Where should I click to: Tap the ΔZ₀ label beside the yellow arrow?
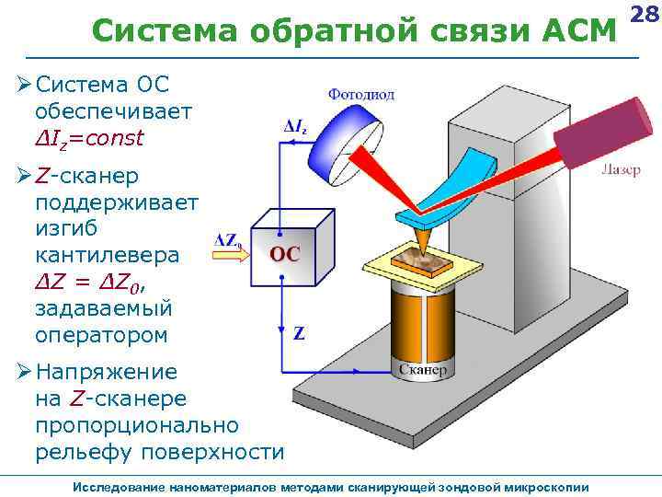click(x=228, y=240)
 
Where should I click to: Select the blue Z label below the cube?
click(x=298, y=333)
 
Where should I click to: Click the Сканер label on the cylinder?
click(x=423, y=370)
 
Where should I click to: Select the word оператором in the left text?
click(x=101, y=334)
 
